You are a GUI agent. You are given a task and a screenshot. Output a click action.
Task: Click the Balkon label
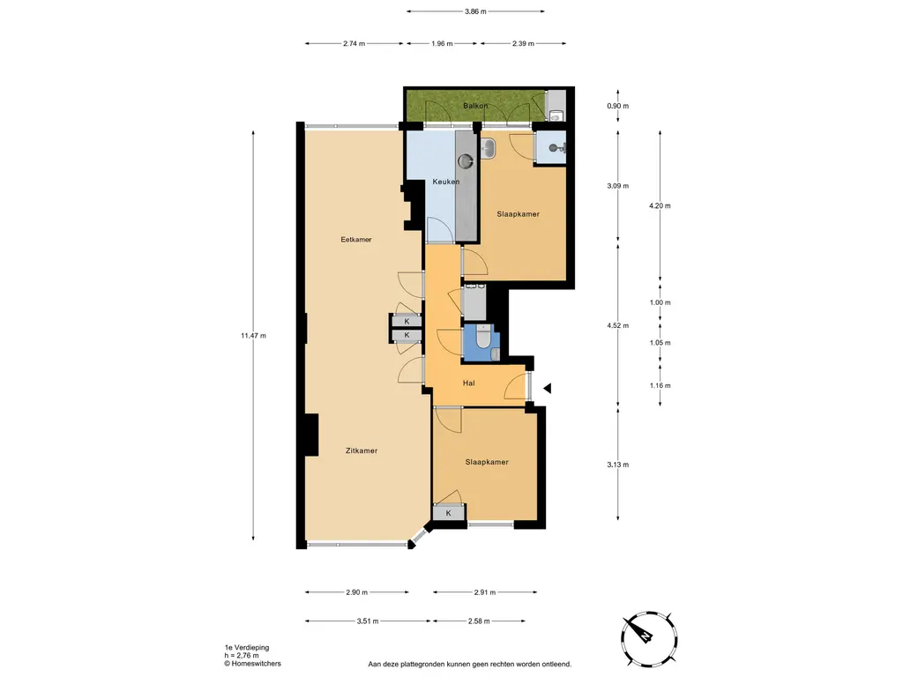point(475,106)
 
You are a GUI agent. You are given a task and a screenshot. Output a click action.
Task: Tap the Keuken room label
point(445,182)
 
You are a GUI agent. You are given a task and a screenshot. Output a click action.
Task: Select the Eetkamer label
point(356,240)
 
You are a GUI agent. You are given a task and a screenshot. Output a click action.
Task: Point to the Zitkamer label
point(362,450)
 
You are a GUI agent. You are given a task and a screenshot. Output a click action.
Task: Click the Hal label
point(469,383)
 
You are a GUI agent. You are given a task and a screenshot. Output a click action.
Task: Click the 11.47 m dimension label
point(253,336)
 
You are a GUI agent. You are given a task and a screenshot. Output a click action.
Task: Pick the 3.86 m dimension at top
point(475,11)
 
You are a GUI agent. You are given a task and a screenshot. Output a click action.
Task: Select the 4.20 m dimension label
point(660,205)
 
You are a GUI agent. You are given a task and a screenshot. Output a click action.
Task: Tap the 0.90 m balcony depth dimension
point(618,106)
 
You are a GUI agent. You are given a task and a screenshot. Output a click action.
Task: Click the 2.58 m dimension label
point(479,621)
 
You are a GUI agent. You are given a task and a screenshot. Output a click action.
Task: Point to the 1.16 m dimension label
point(660,386)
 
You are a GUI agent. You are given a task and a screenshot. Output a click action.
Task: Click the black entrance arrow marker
point(547,389)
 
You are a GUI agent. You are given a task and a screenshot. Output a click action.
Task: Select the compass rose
point(649,639)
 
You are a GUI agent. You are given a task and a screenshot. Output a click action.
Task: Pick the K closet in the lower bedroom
point(449,513)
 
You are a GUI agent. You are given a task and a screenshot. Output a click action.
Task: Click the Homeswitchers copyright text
point(253,664)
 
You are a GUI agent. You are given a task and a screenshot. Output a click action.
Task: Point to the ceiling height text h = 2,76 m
point(242,656)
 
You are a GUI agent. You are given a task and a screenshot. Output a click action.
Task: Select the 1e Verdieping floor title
point(247,648)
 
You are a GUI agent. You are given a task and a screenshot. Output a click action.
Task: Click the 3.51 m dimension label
point(368,621)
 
